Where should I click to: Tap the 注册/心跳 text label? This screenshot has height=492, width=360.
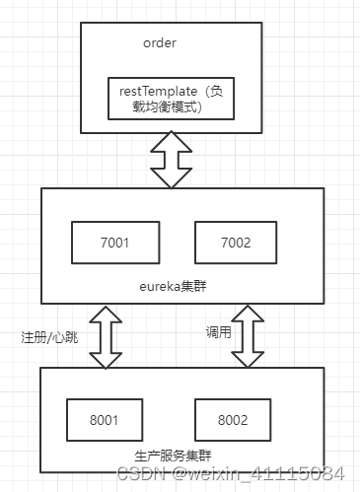(47, 335)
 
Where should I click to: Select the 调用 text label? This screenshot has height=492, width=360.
(219, 333)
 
